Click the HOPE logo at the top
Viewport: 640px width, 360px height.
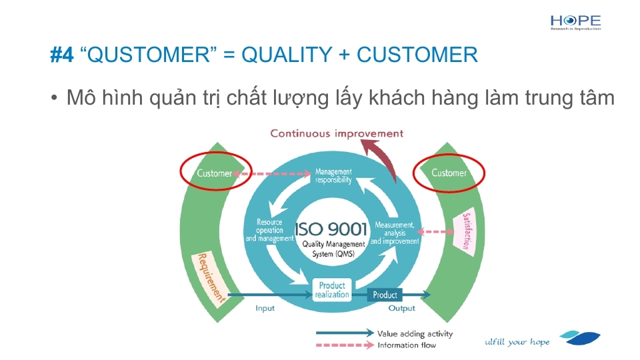(575, 23)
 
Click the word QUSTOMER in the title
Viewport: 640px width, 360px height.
(149, 55)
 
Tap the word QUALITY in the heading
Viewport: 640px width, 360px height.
(287, 55)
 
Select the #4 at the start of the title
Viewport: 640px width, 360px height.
(62, 55)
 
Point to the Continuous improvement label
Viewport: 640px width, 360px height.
(337, 133)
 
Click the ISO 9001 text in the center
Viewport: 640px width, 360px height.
(331, 229)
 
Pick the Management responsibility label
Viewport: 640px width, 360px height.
(333, 176)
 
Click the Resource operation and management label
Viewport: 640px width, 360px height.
(269, 230)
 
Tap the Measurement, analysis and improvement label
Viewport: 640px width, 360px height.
(395, 233)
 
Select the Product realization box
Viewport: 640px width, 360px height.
(332, 290)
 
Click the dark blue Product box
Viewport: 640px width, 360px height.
(385, 295)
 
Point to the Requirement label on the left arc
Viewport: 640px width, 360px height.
(211, 278)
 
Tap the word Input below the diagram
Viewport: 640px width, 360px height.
(265, 308)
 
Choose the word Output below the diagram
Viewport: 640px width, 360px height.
(401, 308)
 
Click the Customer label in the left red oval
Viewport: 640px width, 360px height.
(214, 173)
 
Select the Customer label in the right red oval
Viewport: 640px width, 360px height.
(449, 173)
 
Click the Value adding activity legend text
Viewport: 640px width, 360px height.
(415, 334)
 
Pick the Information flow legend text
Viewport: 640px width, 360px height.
(407, 345)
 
